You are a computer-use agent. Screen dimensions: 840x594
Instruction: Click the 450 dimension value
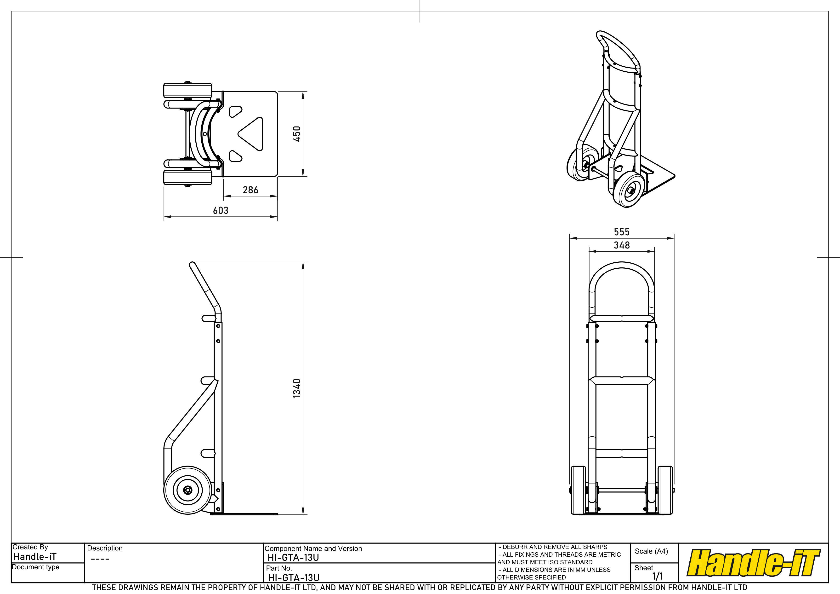[x=297, y=134]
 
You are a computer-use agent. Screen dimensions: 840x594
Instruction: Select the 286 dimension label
[x=251, y=190]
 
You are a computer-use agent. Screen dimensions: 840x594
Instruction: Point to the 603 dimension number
[x=221, y=210]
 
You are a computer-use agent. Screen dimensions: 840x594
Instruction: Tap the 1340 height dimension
[x=297, y=388]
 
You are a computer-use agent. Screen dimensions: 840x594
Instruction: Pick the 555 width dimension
[x=622, y=232]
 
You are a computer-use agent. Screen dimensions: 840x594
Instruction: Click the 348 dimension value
[x=622, y=245]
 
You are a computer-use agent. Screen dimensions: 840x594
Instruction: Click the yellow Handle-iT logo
[x=753, y=563]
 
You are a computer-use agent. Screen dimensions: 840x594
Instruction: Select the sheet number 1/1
[x=658, y=577]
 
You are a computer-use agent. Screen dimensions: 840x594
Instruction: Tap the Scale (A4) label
[x=651, y=551]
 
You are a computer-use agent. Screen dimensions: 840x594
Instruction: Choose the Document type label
[x=35, y=567]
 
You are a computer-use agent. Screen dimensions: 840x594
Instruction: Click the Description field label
[x=105, y=548]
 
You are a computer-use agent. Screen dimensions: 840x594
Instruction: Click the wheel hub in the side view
[x=188, y=490]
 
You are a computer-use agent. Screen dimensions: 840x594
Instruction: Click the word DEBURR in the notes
[x=515, y=547]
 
